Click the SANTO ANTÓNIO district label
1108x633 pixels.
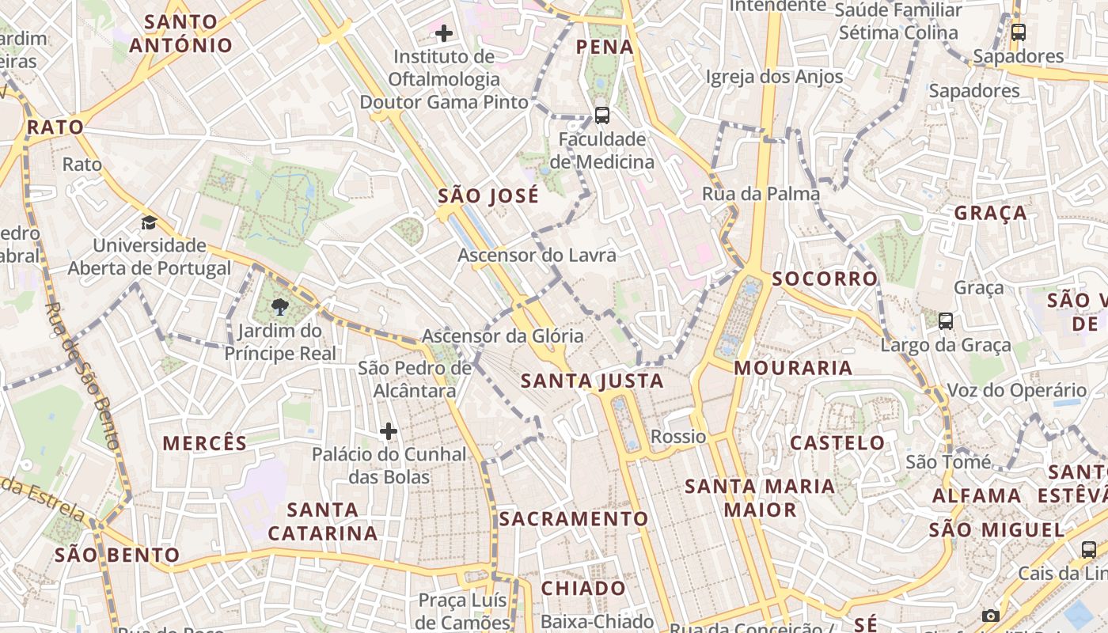click(x=181, y=33)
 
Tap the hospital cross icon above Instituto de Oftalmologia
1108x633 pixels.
click(x=444, y=32)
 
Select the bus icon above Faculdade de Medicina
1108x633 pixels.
click(x=602, y=115)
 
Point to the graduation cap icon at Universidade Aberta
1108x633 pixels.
click(x=149, y=222)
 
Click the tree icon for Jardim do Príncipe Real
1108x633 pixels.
click(x=279, y=306)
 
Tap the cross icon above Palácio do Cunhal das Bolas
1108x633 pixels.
click(x=388, y=431)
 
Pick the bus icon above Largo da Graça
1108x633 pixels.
click(x=945, y=320)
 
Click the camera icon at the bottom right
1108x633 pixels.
click(x=990, y=616)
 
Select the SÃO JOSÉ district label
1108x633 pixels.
click(x=488, y=196)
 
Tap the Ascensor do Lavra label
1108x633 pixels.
click(x=537, y=255)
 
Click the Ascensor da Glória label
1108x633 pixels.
click(x=503, y=335)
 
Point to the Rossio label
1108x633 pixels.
click(x=678, y=436)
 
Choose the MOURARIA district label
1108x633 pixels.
click(x=793, y=368)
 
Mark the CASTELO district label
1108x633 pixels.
click(x=837, y=442)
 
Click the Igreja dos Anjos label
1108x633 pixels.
click(x=774, y=77)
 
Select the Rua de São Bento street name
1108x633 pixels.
click(x=82, y=376)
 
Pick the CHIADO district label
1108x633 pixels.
click(x=583, y=588)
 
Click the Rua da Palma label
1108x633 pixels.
click(x=761, y=194)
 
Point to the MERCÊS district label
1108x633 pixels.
click(x=205, y=443)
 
